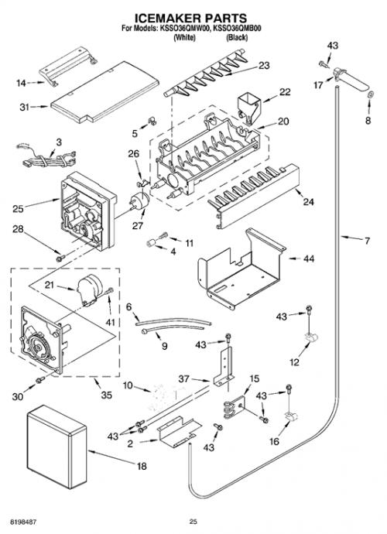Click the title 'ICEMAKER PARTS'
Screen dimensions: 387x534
190,17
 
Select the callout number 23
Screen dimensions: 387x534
264,65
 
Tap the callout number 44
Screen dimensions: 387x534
309,258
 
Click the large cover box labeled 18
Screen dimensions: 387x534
57,446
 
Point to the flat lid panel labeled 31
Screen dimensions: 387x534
105,92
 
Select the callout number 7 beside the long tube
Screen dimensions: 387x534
367,241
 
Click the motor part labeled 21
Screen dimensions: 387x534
89,289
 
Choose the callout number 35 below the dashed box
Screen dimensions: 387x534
106,395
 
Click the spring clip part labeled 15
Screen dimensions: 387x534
235,406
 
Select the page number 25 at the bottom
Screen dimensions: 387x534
193,522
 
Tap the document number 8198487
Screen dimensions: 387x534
23,522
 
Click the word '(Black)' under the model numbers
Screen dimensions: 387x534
237,37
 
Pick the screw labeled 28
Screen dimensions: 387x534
60,258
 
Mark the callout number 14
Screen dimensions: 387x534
21,83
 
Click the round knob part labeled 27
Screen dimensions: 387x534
139,200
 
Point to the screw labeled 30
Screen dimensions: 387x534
40,379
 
